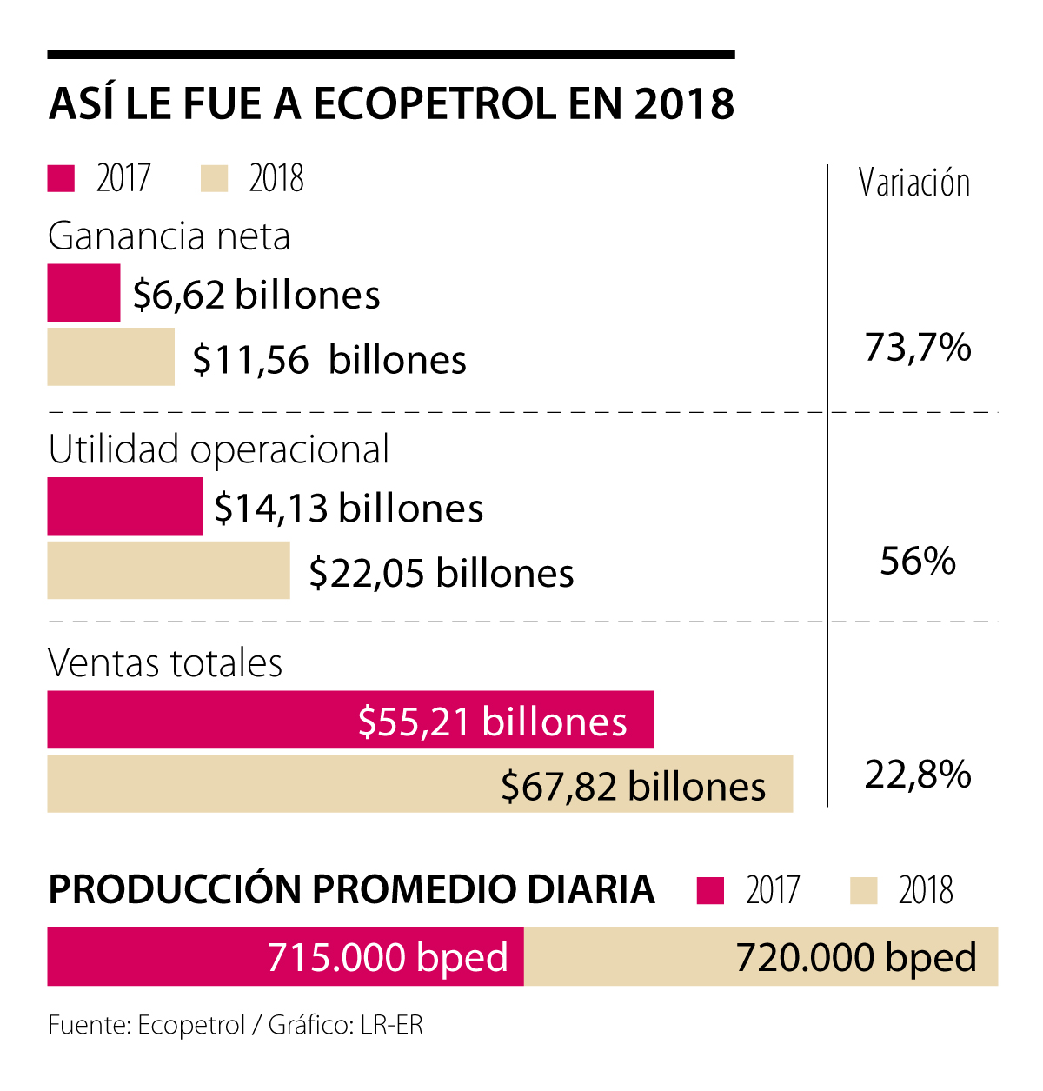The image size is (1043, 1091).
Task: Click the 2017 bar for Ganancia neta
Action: pyautogui.click(x=83, y=293)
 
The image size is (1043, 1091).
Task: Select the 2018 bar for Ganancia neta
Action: pyautogui.click(x=110, y=356)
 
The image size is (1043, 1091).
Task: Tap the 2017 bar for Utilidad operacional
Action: pyautogui.click(x=124, y=506)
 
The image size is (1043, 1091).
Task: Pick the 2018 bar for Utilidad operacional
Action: pyautogui.click(x=168, y=570)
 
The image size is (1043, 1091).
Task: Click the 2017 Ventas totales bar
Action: pyautogui.click(x=350, y=720)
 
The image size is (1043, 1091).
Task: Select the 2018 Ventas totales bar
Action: pyautogui.click(x=420, y=784)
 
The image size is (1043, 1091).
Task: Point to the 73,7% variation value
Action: pyautogui.click(x=918, y=348)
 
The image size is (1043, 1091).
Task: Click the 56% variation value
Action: pyautogui.click(x=918, y=562)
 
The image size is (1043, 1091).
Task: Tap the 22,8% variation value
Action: pyautogui.click(x=918, y=775)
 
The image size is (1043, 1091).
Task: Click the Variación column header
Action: pyautogui.click(x=914, y=183)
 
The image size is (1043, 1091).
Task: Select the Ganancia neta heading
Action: pyautogui.click(x=169, y=236)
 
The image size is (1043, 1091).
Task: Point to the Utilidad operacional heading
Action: pyautogui.click(x=218, y=449)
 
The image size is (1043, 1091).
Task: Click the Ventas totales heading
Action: pyautogui.click(x=165, y=663)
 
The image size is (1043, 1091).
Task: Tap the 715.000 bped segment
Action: pyautogui.click(x=285, y=957)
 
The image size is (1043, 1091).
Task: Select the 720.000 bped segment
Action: pyautogui.click(x=761, y=957)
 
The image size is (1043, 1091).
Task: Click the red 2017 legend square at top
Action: pyautogui.click(x=61, y=178)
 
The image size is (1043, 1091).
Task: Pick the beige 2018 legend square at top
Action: pyautogui.click(x=214, y=178)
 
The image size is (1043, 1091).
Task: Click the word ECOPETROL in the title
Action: pyautogui.click(x=435, y=103)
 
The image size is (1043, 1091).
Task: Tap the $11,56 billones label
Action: pyautogui.click(x=329, y=360)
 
